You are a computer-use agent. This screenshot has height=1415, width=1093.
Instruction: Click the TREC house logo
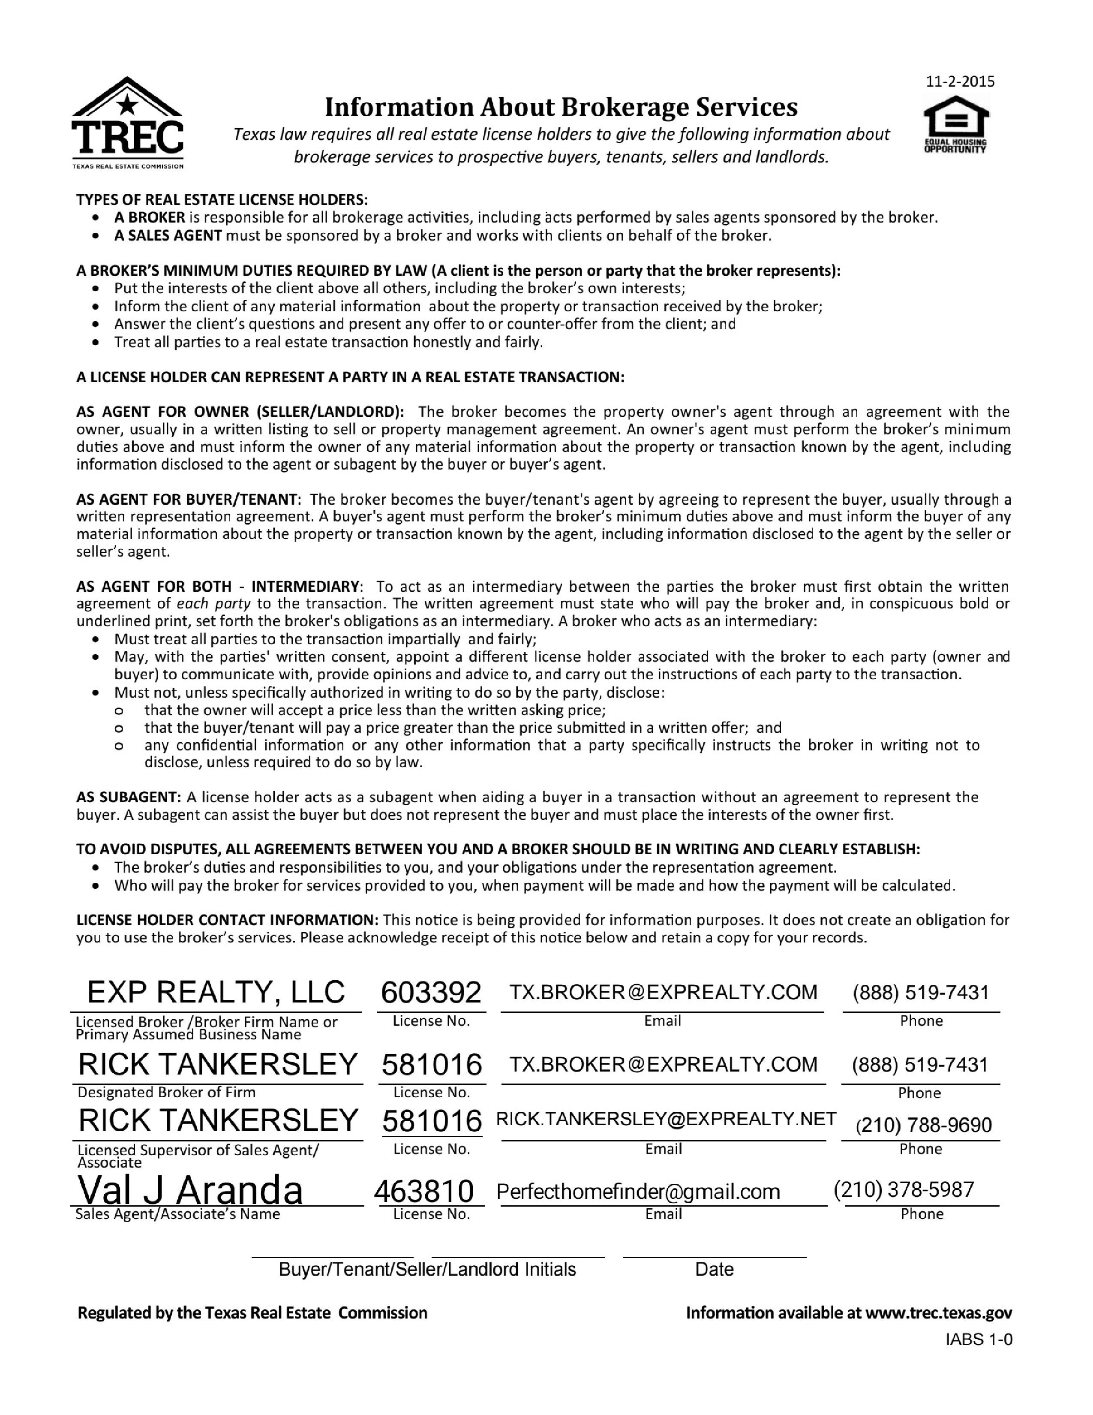tap(128, 122)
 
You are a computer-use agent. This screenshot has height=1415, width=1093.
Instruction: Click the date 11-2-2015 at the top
tap(960, 81)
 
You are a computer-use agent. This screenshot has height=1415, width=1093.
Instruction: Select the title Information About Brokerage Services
tap(561, 107)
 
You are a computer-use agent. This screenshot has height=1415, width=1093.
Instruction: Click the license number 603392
tap(431, 993)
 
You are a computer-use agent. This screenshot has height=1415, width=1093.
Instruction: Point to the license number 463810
tap(424, 1191)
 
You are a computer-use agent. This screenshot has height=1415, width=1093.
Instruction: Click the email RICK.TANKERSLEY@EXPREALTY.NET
tap(666, 1119)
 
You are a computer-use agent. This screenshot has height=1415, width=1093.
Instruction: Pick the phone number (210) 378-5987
tap(903, 1189)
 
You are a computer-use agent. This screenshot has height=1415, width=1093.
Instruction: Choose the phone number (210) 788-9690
tap(923, 1125)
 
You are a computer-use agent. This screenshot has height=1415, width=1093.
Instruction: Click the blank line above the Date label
tap(714, 1256)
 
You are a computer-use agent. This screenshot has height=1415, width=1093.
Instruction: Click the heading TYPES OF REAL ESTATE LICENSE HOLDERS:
tap(222, 199)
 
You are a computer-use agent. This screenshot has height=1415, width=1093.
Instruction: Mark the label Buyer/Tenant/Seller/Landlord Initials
tap(427, 1269)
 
